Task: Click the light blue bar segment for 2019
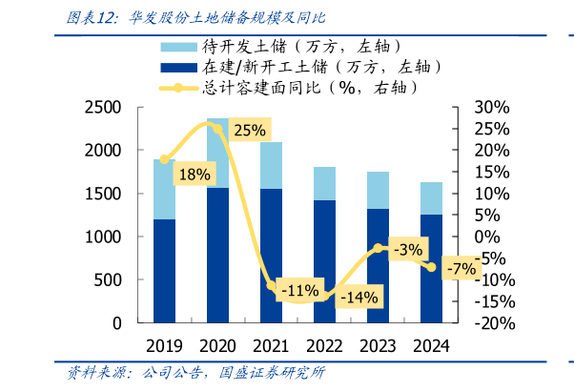pos(165,189)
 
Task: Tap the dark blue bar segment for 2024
pos(431,268)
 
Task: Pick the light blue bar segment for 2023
pos(378,190)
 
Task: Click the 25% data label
pos(249,131)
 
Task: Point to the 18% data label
pos(195,175)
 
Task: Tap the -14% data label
pos(359,297)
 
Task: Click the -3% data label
pos(406,250)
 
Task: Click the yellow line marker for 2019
pos(165,159)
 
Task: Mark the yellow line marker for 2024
pos(431,267)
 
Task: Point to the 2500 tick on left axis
pos(102,108)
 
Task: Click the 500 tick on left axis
pos(108,279)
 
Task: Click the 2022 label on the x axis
pos(324,344)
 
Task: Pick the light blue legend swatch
pos(179,46)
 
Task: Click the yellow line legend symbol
pos(179,89)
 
